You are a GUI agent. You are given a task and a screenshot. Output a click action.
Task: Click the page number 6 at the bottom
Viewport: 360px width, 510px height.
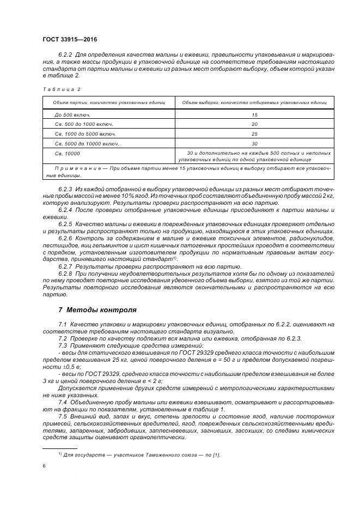pyautogui.click(x=44, y=465)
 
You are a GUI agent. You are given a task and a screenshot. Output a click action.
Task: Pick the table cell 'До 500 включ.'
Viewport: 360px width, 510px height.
pyautogui.click(x=72, y=115)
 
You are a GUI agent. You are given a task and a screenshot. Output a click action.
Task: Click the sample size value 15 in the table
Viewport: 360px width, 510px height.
pyautogui.click(x=254, y=115)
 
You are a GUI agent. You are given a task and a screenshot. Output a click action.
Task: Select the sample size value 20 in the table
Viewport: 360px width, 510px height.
pyautogui.click(x=254, y=125)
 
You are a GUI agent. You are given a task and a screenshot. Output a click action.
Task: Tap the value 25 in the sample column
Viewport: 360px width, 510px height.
pyautogui.click(x=254, y=134)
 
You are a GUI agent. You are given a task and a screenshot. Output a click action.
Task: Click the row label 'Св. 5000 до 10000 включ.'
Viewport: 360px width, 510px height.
pyautogui.click(x=87, y=144)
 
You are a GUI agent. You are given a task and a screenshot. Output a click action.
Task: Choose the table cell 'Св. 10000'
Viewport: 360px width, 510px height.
pyautogui.click(x=68, y=153)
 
